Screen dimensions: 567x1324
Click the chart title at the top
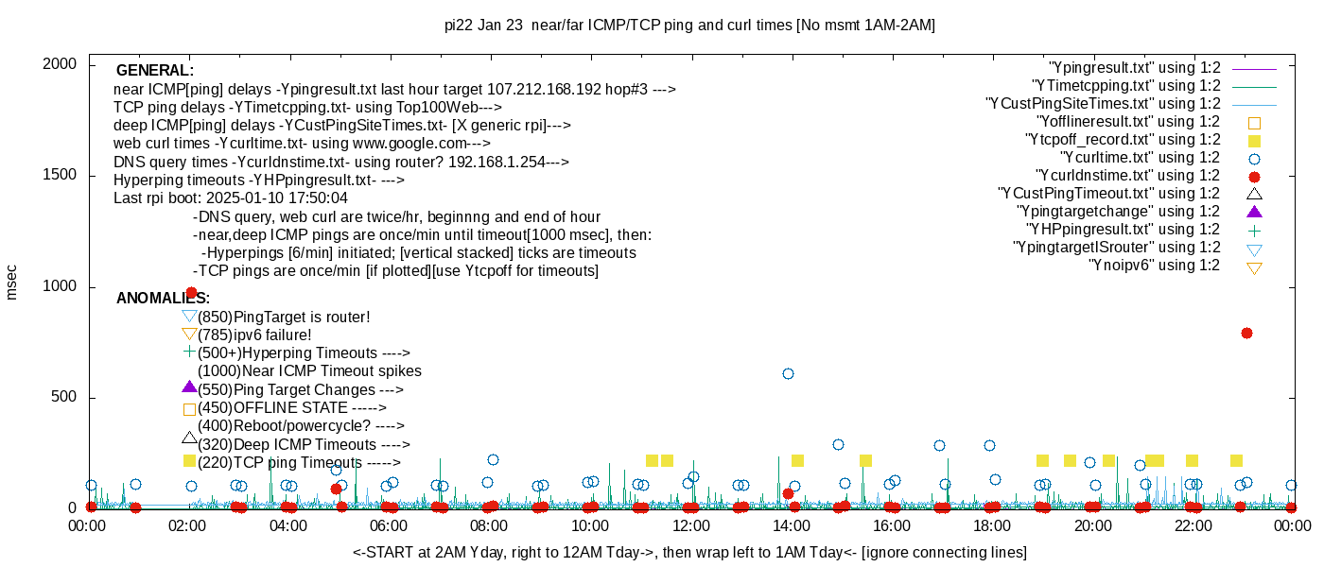click(x=689, y=26)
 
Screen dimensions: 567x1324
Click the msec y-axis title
click(x=12, y=282)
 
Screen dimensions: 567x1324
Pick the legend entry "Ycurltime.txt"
click(x=1140, y=158)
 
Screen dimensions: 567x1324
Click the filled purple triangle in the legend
click(x=1255, y=211)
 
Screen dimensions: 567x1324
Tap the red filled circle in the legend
click(x=1255, y=176)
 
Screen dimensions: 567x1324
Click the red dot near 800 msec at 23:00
click(x=1246, y=334)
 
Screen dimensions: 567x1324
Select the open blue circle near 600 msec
click(x=788, y=374)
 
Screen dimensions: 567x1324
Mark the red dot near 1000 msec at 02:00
click(x=191, y=293)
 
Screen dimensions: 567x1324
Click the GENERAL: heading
click(x=155, y=71)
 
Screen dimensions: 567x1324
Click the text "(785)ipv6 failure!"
click(x=254, y=335)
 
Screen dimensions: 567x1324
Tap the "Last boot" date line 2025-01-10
click(x=231, y=198)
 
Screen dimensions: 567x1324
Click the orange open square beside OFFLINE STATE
click(x=189, y=409)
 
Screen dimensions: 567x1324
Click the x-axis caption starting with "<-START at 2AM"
click(x=689, y=552)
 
